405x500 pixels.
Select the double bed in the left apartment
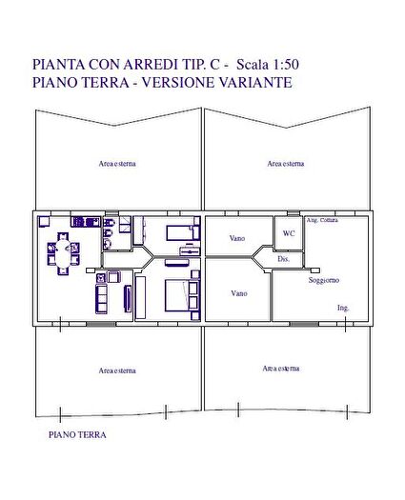pyautogui.click(x=177, y=296)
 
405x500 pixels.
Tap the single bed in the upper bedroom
pyautogui.click(x=179, y=231)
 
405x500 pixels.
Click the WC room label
pyautogui.click(x=289, y=232)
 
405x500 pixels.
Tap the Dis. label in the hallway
pyautogui.click(x=283, y=259)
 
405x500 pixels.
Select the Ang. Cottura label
pyautogui.click(x=323, y=221)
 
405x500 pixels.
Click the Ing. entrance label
pyautogui.click(x=343, y=309)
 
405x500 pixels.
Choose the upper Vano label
pyautogui.click(x=238, y=238)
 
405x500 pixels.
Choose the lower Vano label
pyautogui.click(x=238, y=293)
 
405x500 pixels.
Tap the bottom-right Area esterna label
pyautogui.click(x=281, y=368)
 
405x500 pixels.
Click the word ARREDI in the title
pyautogui.click(x=163, y=65)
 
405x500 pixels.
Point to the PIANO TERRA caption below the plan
pyautogui.click(x=77, y=434)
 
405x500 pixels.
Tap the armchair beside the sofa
pyautogui.click(x=112, y=277)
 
